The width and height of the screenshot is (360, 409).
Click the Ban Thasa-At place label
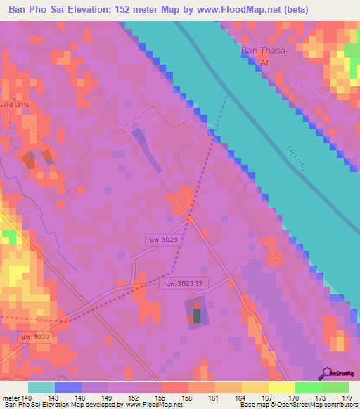click(261, 56)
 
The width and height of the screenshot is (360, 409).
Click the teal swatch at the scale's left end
click(41, 388)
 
